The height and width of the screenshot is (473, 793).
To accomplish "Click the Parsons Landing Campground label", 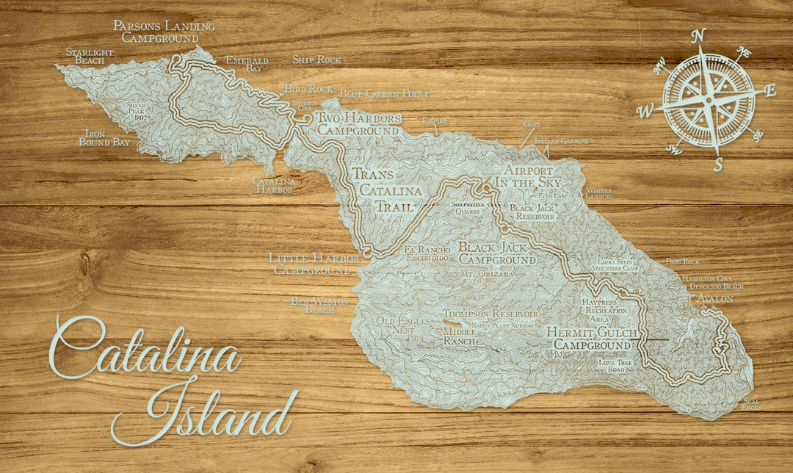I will [x=164, y=32].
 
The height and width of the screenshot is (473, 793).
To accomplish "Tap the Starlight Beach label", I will [x=89, y=56].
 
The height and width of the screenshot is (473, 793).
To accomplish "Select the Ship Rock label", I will [x=316, y=59].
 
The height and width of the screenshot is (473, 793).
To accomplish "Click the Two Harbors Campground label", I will [x=358, y=124].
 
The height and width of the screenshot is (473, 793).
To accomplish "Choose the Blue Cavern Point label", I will [x=384, y=94].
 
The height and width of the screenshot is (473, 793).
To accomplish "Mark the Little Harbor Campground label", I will [x=314, y=264].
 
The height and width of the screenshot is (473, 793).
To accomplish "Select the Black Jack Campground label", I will [x=497, y=253].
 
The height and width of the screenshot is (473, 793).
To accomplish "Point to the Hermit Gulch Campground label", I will [x=592, y=339].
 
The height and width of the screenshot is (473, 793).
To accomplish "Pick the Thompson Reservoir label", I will [x=490, y=314].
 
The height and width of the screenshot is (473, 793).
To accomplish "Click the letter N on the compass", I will [x=700, y=35].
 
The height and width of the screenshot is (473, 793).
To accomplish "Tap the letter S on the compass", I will [x=718, y=165].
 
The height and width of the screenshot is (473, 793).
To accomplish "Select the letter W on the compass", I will [x=645, y=112].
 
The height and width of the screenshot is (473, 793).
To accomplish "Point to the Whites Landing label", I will [x=598, y=194].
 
